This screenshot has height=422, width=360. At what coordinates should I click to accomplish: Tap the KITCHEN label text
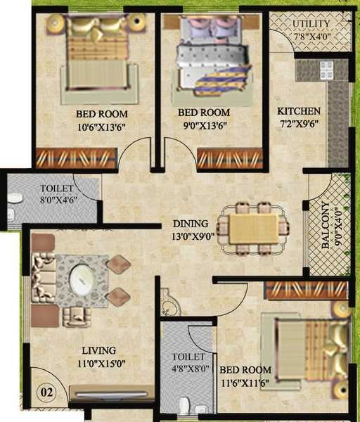298,111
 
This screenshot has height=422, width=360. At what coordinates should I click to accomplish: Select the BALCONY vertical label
324,226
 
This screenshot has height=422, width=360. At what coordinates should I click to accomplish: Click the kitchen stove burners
327,68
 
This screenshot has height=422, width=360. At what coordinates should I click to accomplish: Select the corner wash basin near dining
169,305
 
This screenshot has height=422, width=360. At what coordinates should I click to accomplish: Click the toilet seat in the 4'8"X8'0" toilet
185,405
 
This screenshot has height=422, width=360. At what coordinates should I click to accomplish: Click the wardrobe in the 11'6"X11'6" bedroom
307,290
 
